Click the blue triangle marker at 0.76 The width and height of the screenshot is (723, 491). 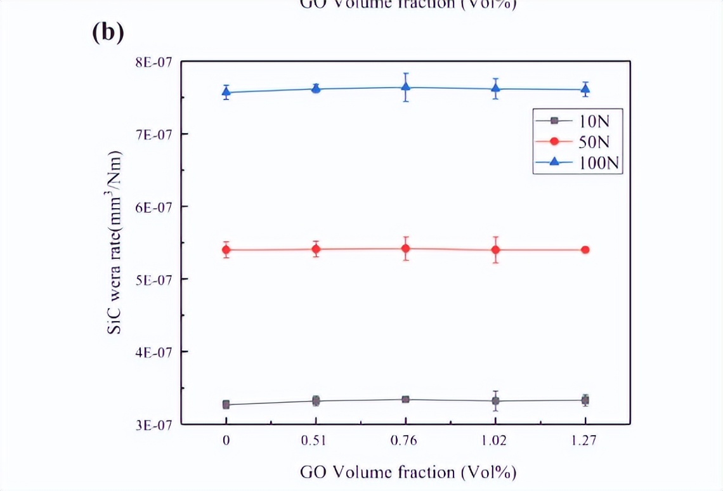click(x=405, y=87)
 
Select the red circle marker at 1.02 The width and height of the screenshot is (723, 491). click(x=495, y=249)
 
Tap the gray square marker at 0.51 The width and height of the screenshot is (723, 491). click(x=316, y=401)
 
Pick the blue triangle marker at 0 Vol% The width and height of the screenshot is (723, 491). click(x=226, y=91)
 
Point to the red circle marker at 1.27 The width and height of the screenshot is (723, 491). click(x=585, y=249)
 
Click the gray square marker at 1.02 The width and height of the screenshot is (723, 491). click(x=495, y=401)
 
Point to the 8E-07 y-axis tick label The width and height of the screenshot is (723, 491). click(x=154, y=62)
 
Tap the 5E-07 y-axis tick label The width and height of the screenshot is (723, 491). click(x=154, y=279)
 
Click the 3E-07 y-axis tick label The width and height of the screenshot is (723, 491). click(x=154, y=424)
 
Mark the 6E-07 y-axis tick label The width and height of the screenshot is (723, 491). click(x=154, y=207)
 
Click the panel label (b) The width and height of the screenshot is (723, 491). click(x=107, y=33)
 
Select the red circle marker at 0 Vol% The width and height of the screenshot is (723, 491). click(x=226, y=249)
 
